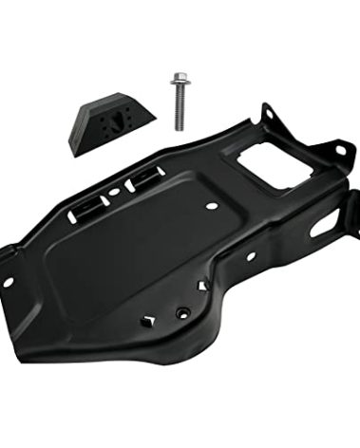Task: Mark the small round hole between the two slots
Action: [114, 191]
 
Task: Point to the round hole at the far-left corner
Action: [9, 281]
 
